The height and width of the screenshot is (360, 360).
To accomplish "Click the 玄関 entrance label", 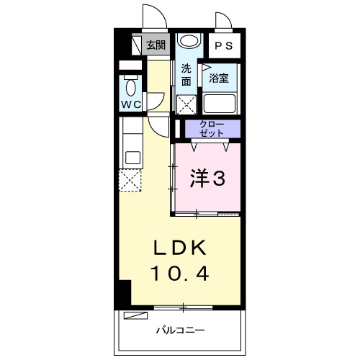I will [156, 45].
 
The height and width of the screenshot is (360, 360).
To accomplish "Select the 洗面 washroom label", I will [186, 75].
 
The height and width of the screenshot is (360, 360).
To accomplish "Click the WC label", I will [130, 104].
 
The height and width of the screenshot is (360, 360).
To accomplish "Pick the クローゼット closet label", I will [212, 130].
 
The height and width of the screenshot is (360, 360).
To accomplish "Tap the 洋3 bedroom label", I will [207, 177].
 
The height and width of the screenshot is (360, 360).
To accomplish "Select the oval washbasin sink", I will [187, 42].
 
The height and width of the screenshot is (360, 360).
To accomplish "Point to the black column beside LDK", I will [123, 291].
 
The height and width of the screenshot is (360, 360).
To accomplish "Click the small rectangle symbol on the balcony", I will [134, 315].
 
